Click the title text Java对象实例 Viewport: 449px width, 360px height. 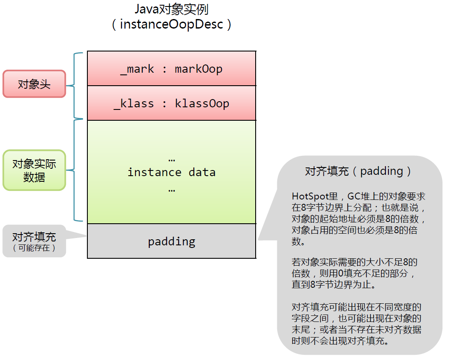tap(172, 9)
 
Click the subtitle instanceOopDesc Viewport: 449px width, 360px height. tap(172, 24)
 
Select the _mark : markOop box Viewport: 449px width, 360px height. tap(171, 69)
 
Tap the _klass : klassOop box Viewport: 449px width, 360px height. tap(171, 103)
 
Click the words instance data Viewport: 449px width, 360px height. tap(171, 172)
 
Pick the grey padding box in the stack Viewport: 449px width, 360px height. tap(171, 241)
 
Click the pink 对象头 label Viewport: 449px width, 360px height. tap(34, 84)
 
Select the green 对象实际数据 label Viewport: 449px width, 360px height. tap(34, 170)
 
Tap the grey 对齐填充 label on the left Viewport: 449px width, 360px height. tap(34, 237)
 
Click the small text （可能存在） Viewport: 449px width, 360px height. tap(34, 248)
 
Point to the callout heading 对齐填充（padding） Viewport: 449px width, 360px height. tap(359, 171)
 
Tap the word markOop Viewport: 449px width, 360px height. tap(199, 69)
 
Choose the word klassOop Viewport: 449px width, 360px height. tap(202, 103)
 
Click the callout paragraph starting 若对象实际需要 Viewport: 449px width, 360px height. tap(355, 274)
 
